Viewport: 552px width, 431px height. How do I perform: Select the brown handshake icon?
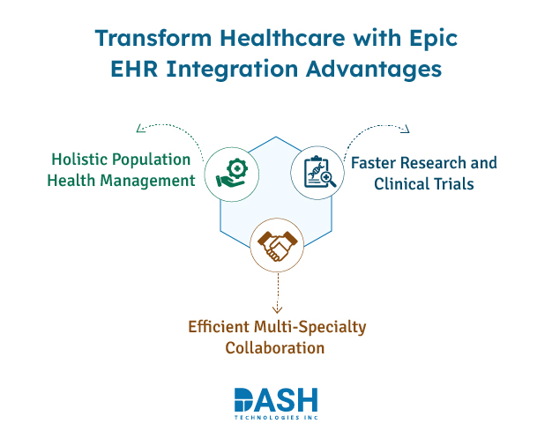click(276, 246)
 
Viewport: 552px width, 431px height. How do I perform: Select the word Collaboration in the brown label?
click(275, 348)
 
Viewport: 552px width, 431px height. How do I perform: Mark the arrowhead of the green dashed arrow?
click(139, 129)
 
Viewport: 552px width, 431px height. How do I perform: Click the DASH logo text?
click(276, 399)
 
